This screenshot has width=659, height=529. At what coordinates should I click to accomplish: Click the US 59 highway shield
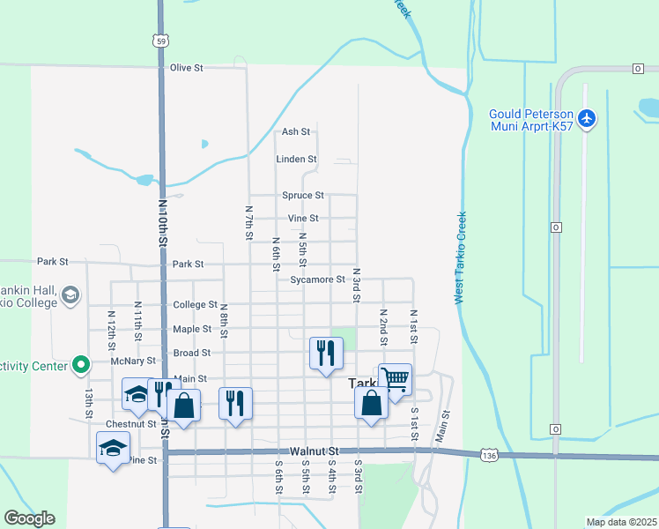tap(159, 41)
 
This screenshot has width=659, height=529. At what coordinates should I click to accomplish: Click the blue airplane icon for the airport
tap(589, 117)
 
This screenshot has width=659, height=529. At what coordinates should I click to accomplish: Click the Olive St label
tap(187, 67)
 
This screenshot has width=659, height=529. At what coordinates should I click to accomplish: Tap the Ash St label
tap(296, 132)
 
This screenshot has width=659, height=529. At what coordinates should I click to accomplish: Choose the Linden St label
tap(296, 160)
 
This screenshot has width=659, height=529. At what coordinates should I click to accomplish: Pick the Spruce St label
tap(303, 195)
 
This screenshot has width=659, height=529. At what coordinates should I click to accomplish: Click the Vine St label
tap(303, 219)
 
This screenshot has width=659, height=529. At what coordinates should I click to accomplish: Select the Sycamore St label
tap(318, 279)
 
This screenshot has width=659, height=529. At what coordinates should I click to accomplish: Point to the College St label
tap(195, 305)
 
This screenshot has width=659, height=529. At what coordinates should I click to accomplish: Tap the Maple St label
tap(192, 329)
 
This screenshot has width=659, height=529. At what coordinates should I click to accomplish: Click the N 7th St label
tap(249, 222)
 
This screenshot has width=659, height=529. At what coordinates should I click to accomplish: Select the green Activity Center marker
tap(81, 363)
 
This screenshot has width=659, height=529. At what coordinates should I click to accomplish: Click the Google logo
tap(29, 518)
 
